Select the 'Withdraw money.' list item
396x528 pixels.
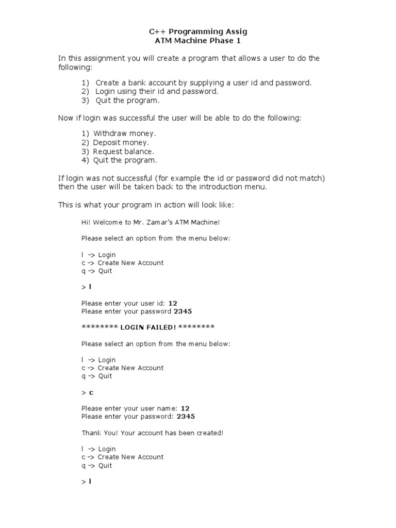(x=124, y=134)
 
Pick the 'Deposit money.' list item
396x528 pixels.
(x=121, y=142)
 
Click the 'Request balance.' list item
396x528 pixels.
(x=123, y=152)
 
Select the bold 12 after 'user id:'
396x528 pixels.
(x=173, y=303)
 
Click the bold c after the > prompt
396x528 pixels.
(x=91, y=392)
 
